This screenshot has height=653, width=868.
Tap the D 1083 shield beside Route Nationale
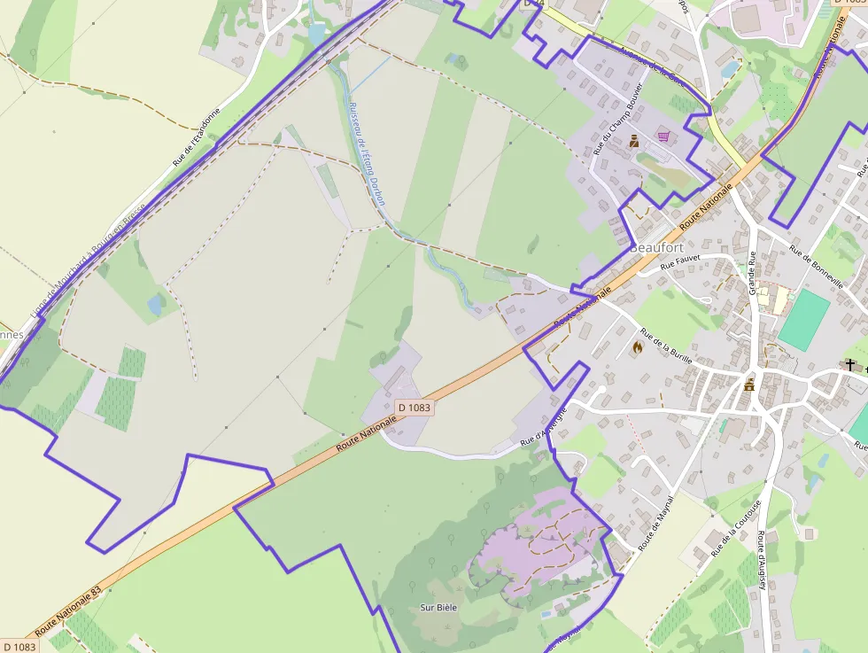click(x=414, y=408)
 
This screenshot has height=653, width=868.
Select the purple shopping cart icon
click(x=663, y=136)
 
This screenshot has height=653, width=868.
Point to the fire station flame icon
click(x=636, y=348)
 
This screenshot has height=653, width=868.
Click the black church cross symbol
click(x=850, y=364)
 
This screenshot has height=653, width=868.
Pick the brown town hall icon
click(x=750, y=384)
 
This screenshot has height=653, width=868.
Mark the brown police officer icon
click(x=634, y=141)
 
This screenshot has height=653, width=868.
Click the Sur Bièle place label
click(x=438, y=608)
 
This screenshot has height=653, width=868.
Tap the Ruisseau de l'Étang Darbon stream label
click(x=368, y=152)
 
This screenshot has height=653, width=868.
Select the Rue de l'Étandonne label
click(x=196, y=138)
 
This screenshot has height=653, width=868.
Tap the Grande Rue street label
click(x=753, y=273)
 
